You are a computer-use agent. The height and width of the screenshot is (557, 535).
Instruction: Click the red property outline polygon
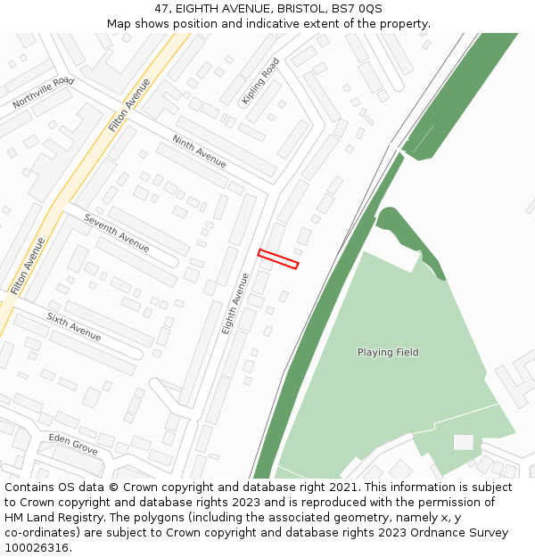pos(277,258)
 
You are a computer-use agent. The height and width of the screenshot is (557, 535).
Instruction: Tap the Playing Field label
pos(388,352)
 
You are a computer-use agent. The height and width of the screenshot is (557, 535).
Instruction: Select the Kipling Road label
pos(260,82)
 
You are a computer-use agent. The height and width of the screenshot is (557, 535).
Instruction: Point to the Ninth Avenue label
pos(199,152)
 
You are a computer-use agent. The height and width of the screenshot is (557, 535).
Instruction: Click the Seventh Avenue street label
pos(116,232)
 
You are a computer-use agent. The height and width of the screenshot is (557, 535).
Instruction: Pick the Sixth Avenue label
pos(74,327)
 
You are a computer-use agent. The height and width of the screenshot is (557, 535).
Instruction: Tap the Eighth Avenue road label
pos(235,304)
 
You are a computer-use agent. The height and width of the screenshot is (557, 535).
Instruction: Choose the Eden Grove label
pos(73,445)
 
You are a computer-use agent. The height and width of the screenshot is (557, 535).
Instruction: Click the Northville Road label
pos(43,94)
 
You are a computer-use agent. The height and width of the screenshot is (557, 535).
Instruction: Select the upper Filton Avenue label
pos(129,105)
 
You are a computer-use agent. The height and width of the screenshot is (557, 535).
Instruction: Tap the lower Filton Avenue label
pos(28,266)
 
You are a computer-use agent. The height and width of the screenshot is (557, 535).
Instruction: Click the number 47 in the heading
pos(160,9)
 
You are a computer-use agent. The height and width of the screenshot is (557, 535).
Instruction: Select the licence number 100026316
pos(37,548)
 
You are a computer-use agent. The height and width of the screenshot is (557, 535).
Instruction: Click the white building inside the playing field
pos(464,442)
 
